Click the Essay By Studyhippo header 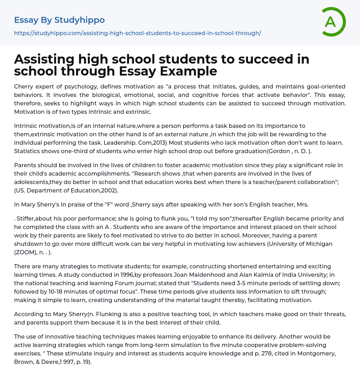click(x=59, y=20)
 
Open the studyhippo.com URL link click(x=137, y=33)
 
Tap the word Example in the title click(x=188, y=71)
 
